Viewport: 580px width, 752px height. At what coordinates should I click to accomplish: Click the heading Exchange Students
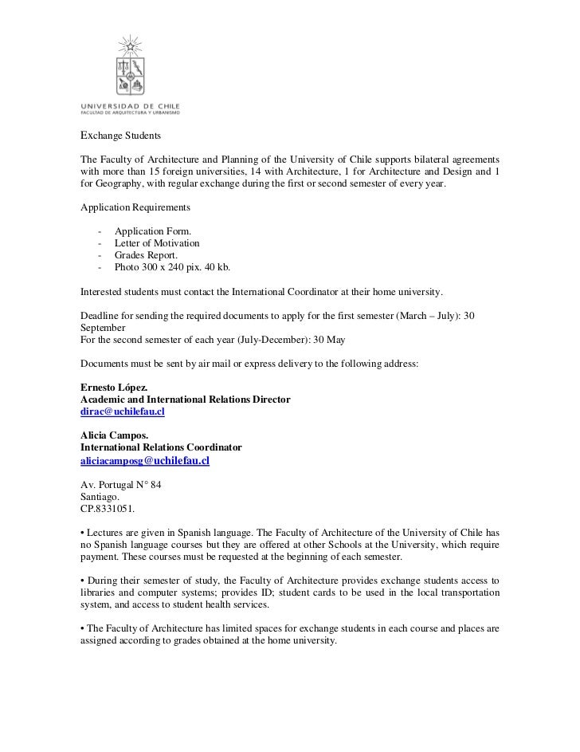[x=121, y=137]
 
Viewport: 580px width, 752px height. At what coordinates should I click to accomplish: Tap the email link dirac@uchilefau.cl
[x=123, y=411]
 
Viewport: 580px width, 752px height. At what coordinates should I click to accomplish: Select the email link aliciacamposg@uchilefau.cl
[x=144, y=461]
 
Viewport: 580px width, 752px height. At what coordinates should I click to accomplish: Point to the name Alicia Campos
[x=114, y=435]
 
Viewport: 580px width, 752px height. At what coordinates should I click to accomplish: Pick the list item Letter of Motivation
[x=157, y=242]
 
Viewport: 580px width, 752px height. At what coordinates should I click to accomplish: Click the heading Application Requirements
[x=135, y=207]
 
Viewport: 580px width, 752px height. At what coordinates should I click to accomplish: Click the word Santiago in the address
[x=100, y=496]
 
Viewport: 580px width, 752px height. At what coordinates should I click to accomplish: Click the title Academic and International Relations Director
[x=185, y=399]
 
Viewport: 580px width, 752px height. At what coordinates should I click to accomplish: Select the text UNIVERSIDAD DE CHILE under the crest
[x=130, y=105]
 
